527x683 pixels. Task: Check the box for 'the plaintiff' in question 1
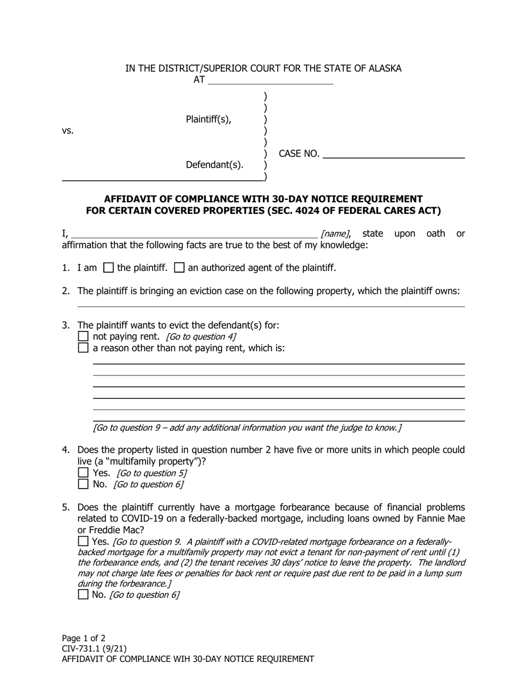click(109, 268)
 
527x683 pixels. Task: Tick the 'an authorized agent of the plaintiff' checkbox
click(179, 268)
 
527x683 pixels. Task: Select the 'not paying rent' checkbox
click(83, 337)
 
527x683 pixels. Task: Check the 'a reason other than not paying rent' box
click(83, 348)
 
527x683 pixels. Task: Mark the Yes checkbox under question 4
click(83, 473)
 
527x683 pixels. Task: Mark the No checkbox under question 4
click(83, 484)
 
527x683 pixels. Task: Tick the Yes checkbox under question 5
click(83, 541)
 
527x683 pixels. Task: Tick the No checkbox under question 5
click(83, 595)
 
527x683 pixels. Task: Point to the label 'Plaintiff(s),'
click(209, 119)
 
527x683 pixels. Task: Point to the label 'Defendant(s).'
click(215, 165)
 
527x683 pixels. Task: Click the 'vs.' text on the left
click(68, 131)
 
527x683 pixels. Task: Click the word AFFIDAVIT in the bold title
click(131, 199)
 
